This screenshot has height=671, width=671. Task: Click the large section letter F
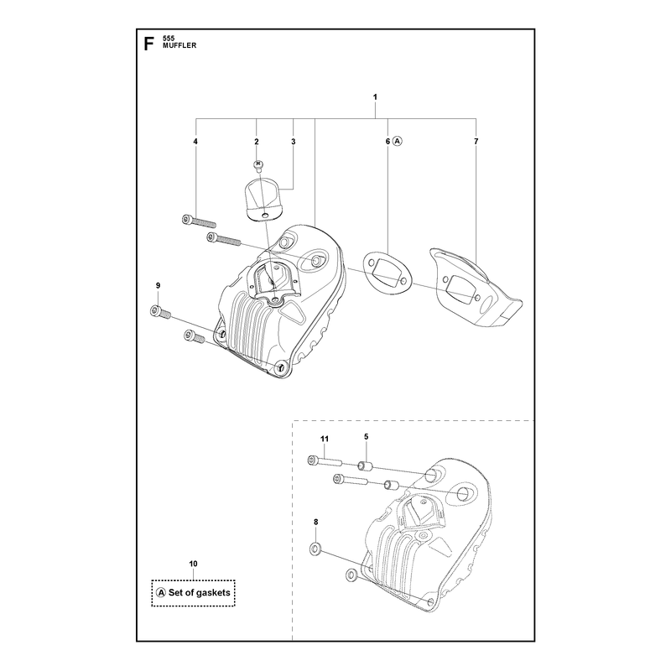[148, 44]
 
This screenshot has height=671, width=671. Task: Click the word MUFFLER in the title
[179, 45]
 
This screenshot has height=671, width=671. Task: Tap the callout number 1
[375, 97]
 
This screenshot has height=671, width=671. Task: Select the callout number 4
[195, 141]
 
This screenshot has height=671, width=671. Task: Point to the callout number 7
[476, 141]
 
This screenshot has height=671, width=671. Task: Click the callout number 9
[158, 285]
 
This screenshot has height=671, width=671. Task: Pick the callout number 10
[194, 564]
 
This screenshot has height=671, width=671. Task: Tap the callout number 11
[325, 439]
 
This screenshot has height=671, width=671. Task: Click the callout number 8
[316, 522]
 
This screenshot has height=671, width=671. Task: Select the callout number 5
[367, 436]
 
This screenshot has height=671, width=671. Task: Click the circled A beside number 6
[398, 141]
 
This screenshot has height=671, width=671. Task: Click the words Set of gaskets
[200, 593]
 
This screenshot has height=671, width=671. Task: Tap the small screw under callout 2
[258, 165]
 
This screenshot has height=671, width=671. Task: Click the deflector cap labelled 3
[264, 200]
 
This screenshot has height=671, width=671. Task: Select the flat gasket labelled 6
[388, 269]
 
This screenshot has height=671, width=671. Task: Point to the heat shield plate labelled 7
[476, 288]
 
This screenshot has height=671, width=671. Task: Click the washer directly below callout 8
[315, 549]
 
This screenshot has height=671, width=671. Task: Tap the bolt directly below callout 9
[160, 312]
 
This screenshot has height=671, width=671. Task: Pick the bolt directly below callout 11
[325, 461]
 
